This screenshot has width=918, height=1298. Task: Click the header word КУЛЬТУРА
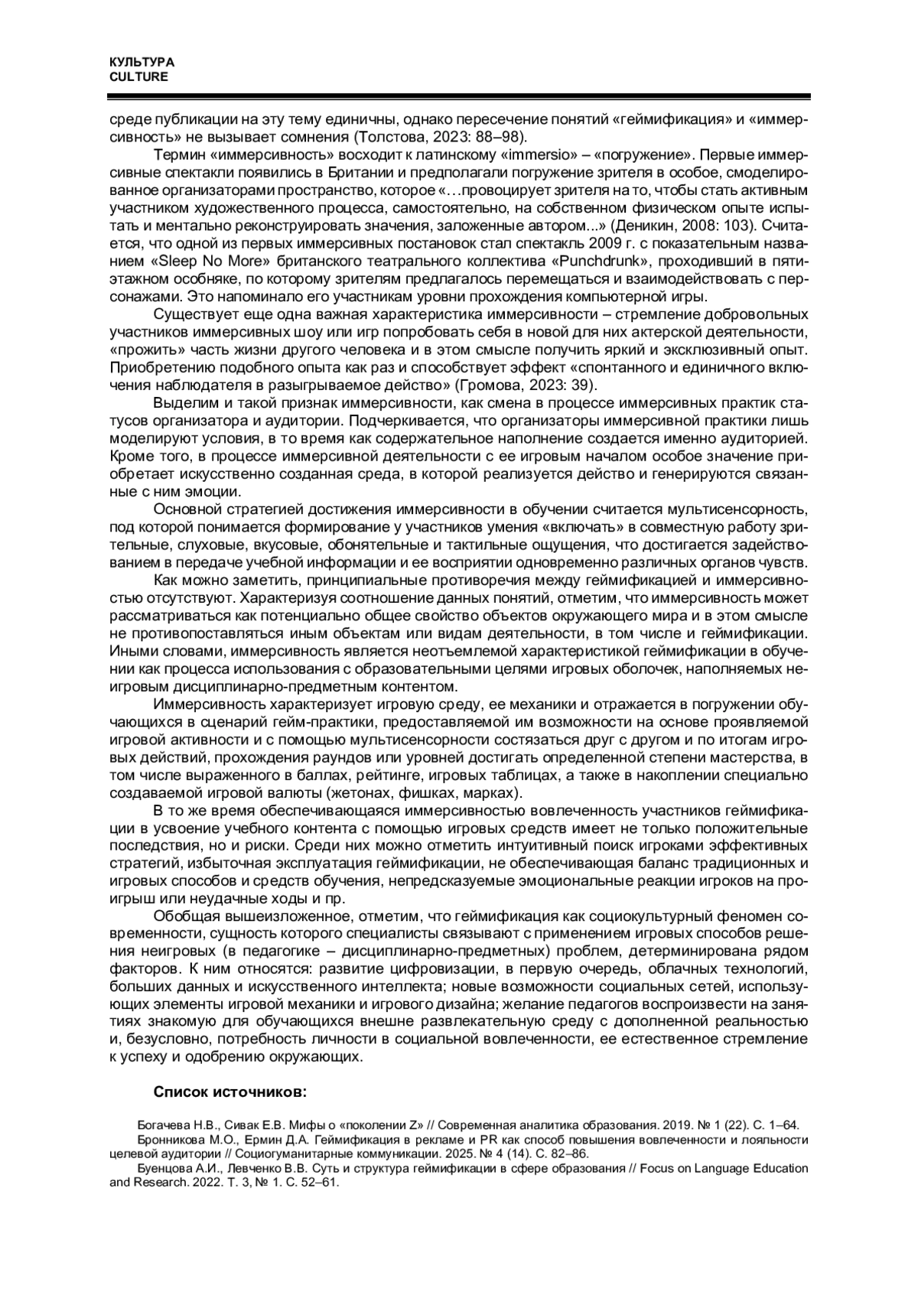pos(142,62)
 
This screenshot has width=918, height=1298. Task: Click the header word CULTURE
pos(138,76)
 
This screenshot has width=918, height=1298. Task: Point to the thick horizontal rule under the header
pos(459,97)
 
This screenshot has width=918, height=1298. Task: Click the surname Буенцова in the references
pos(164,1168)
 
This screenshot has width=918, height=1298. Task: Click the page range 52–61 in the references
pos(320,1182)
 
